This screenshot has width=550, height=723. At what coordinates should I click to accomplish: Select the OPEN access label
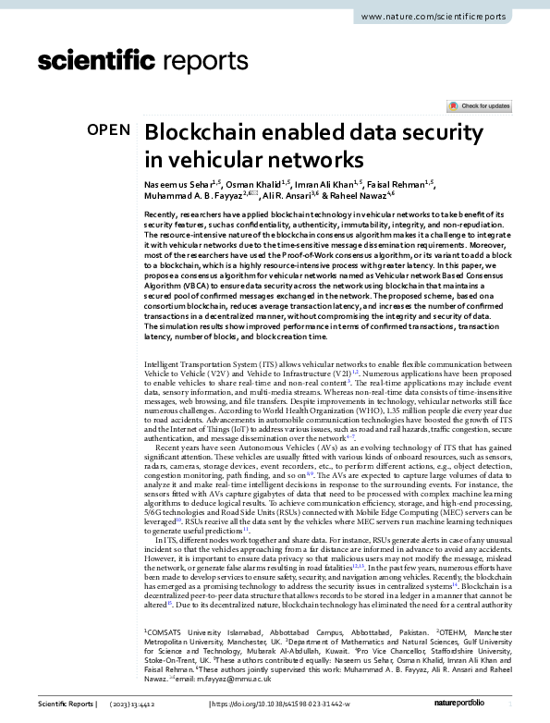click(x=108, y=130)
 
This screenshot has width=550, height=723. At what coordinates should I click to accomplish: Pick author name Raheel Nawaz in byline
click(x=361, y=197)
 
